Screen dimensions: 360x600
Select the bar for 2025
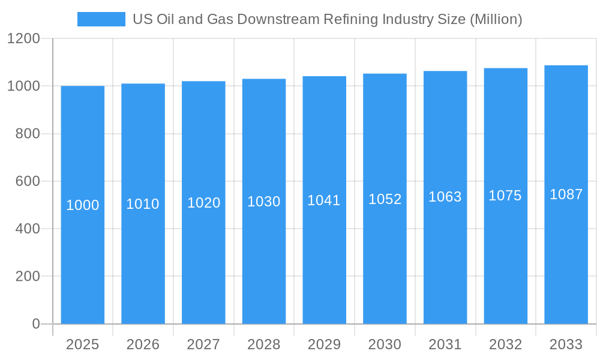pyautogui.click(x=83, y=252)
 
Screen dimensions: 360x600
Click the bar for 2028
pyautogui.click(x=264, y=252)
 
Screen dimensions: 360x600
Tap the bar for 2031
pyautogui.click(x=445, y=252)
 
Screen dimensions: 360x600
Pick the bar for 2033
pyautogui.click(x=566, y=252)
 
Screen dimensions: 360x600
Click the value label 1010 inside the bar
pyautogui.click(x=143, y=204)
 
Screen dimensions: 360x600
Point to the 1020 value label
pyautogui.click(x=204, y=203)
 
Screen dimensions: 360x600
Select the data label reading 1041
pyautogui.click(x=324, y=200)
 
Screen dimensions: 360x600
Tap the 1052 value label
pyautogui.click(x=385, y=199)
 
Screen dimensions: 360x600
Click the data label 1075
pyautogui.click(x=505, y=196)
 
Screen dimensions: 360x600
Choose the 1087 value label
pyautogui.click(x=566, y=194)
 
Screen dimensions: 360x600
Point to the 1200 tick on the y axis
pyautogui.click(x=23, y=39)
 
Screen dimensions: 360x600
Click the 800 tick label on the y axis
pyautogui.click(x=28, y=134)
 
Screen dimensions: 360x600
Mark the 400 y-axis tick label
pyautogui.click(x=28, y=229)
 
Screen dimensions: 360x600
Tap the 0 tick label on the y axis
pyautogui.click(x=35, y=324)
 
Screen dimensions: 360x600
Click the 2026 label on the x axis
pyautogui.click(x=143, y=344)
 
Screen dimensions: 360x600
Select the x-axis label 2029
pyautogui.click(x=324, y=344)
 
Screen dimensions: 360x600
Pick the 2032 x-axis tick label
pyautogui.click(x=505, y=344)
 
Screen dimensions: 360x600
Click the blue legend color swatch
pyautogui.click(x=101, y=19)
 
